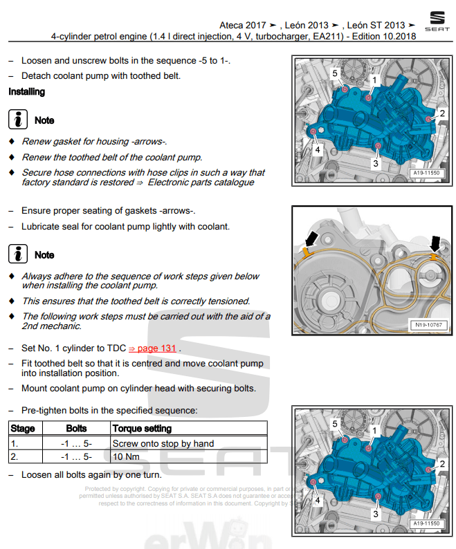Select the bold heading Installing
26,91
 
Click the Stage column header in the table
23,429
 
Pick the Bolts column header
76,429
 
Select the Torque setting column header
142,429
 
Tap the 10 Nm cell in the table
126,457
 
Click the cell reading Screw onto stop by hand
163,443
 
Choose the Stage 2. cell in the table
15,457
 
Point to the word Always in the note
37,277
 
